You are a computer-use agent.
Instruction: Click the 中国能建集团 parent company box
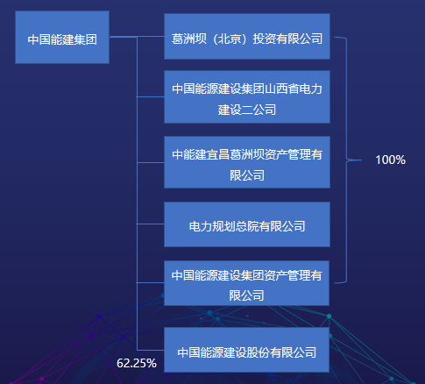(x=62, y=38)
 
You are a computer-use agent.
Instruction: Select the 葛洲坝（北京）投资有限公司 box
(x=247, y=36)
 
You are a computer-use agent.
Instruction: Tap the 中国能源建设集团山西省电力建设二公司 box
(x=247, y=96)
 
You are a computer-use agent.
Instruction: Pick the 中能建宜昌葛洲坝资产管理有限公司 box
(x=247, y=162)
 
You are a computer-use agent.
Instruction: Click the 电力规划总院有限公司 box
(x=247, y=224)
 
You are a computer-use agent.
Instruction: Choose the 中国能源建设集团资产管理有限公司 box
(x=247, y=283)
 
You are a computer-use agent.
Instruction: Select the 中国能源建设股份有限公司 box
(x=247, y=350)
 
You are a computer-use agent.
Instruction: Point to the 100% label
(x=391, y=160)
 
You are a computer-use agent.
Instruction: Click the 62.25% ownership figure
(x=137, y=363)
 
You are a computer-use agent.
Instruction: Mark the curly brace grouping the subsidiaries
(x=347, y=160)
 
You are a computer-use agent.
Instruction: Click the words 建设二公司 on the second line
(x=247, y=110)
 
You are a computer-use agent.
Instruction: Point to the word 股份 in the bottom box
(x=259, y=352)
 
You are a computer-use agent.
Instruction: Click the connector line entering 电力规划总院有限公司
(x=151, y=224)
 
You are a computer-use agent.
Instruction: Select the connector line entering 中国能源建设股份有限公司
(x=151, y=350)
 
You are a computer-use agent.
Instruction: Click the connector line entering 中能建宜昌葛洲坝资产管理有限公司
(x=151, y=162)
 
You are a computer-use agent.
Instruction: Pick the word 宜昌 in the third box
(x=218, y=154)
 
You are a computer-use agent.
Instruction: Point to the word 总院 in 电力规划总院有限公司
(x=247, y=226)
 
